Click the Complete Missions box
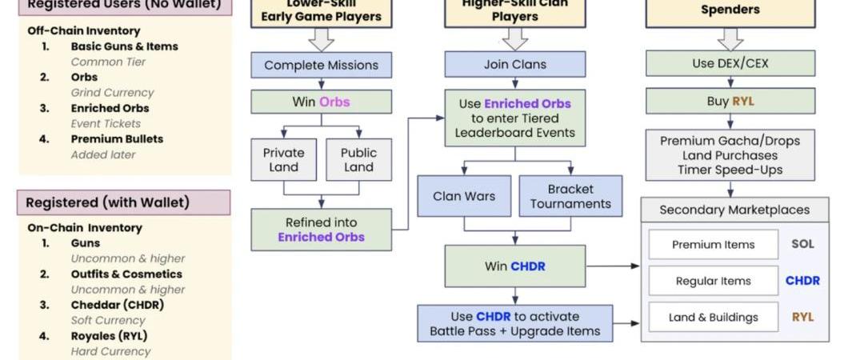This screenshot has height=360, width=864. [321, 65]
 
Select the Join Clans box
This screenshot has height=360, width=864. [514, 64]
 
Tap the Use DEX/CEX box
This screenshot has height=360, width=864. [730, 63]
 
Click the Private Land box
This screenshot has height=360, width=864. [284, 160]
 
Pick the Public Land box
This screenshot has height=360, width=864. [358, 160]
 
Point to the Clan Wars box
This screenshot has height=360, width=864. [464, 196]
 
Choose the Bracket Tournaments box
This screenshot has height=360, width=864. [570, 196]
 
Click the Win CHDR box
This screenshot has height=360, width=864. [514, 266]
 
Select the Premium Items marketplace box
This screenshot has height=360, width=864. [713, 245]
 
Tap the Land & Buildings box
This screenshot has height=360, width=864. [713, 317]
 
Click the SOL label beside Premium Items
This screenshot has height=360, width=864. [802, 244]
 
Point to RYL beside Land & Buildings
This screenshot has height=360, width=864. [802, 317]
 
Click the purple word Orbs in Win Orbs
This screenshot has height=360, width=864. [334, 102]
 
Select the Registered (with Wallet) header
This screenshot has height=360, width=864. [124, 202]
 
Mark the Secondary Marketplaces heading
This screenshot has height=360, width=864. [734, 210]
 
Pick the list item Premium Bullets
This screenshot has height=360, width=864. [117, 139]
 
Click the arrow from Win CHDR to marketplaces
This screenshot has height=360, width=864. [613, 266]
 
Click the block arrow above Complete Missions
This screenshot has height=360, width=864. [321, 38]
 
